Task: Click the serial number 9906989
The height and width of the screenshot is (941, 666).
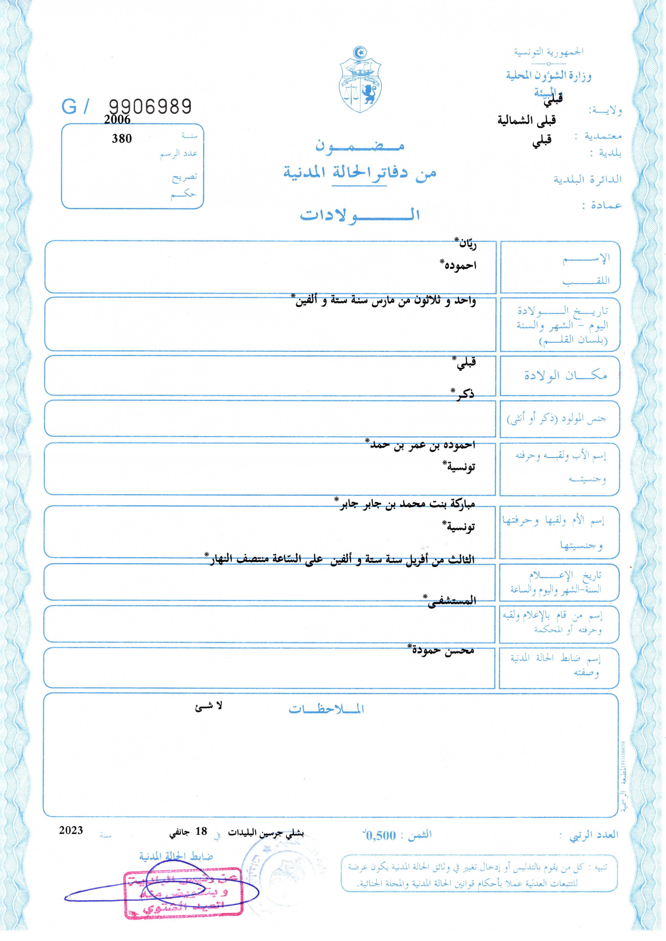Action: pos(150,107)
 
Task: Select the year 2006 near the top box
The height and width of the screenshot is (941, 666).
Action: pos(117,120)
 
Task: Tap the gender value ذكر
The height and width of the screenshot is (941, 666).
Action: pos(463,394)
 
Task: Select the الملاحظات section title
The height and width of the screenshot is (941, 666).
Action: pos(326,709)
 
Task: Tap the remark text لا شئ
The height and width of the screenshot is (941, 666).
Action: pos(208,706)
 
